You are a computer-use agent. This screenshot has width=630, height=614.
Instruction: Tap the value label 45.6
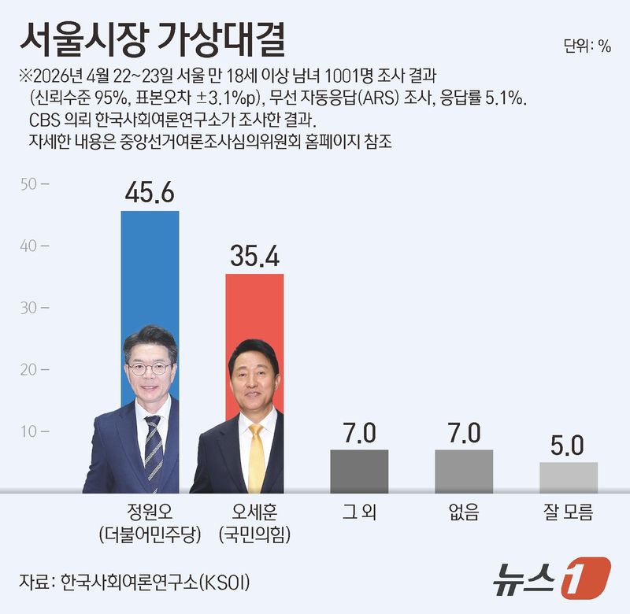point(150,194)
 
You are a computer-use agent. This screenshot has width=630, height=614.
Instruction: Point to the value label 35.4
point(254,257)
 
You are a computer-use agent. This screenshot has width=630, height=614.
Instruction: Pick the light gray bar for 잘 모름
point(568,477)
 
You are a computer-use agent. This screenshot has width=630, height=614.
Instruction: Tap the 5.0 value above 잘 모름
point(568,446)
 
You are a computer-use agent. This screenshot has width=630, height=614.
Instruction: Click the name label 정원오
point(150,512)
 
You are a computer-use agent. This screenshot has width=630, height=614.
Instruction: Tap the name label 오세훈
point(254,512)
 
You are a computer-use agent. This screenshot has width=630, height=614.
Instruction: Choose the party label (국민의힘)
point(254,534)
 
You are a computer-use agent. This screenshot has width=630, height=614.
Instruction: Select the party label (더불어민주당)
point(150,534)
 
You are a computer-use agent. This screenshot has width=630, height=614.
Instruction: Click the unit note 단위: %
point(587,46)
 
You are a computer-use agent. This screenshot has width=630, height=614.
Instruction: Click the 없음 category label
point(464,512)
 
